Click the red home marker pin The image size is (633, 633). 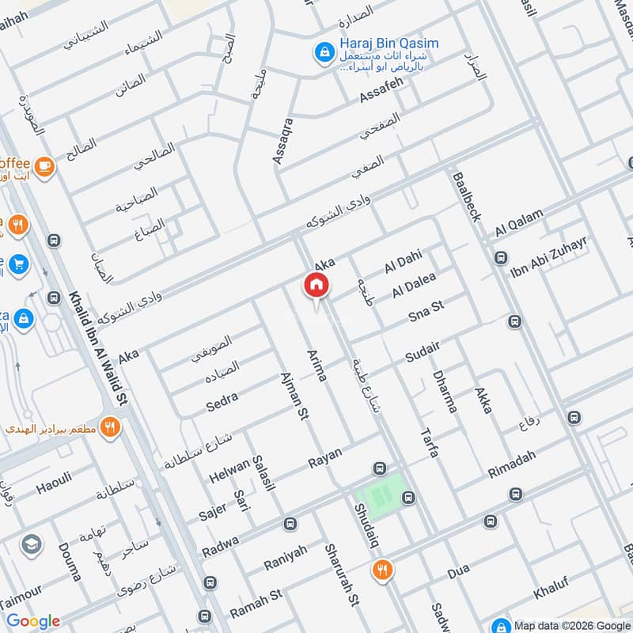click(x=316, y=285)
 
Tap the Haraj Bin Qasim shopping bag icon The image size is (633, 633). click(x=324, y=52)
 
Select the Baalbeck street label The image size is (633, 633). click(x=466, y=197)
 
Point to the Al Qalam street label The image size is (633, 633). click(x=520, y=222)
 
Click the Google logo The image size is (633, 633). click(x=33, y=621)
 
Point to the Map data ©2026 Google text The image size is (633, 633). click(x=570, y=623)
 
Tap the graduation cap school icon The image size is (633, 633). click(x=32, y=544)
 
